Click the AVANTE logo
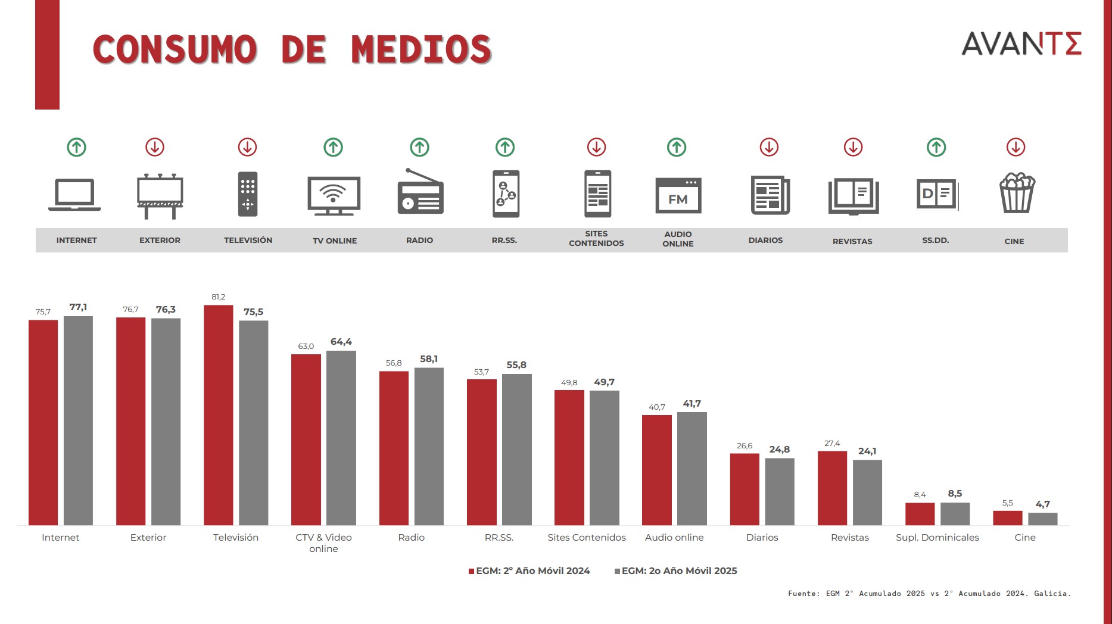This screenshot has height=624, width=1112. (x=1021, y=44)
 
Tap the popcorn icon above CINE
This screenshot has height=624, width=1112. (x=1017, y=192)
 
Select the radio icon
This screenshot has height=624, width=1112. (x=420, y=192)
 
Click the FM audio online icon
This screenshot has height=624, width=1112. (x=678, y=195)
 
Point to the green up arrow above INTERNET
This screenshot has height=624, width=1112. (x=76, y=147)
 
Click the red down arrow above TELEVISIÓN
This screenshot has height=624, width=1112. (x=247, y=147)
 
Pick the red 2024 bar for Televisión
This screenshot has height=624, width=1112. (x=218, y=415)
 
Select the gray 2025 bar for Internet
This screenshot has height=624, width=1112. (x=78, y=420)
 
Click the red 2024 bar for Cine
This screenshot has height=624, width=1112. (x=1007, y=517)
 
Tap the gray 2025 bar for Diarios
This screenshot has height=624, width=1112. (x=779, y=491)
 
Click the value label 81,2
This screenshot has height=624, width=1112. (x=219, y=297)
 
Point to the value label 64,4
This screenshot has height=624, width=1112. (x=341, y=342)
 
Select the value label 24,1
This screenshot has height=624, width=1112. (x=867, y=451)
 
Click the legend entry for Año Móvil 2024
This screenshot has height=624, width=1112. (x=529, y=570)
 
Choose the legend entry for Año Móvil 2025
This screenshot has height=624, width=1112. (x=676, y=570)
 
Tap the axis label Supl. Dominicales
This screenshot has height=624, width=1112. (x=937, y=537)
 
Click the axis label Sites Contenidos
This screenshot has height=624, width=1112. (x=587, y=537)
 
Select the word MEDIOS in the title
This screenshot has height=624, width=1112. (x=421, y=49)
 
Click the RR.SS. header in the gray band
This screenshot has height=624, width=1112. (x=504, y=240)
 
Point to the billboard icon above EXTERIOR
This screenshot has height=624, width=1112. (x=160, y=195)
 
